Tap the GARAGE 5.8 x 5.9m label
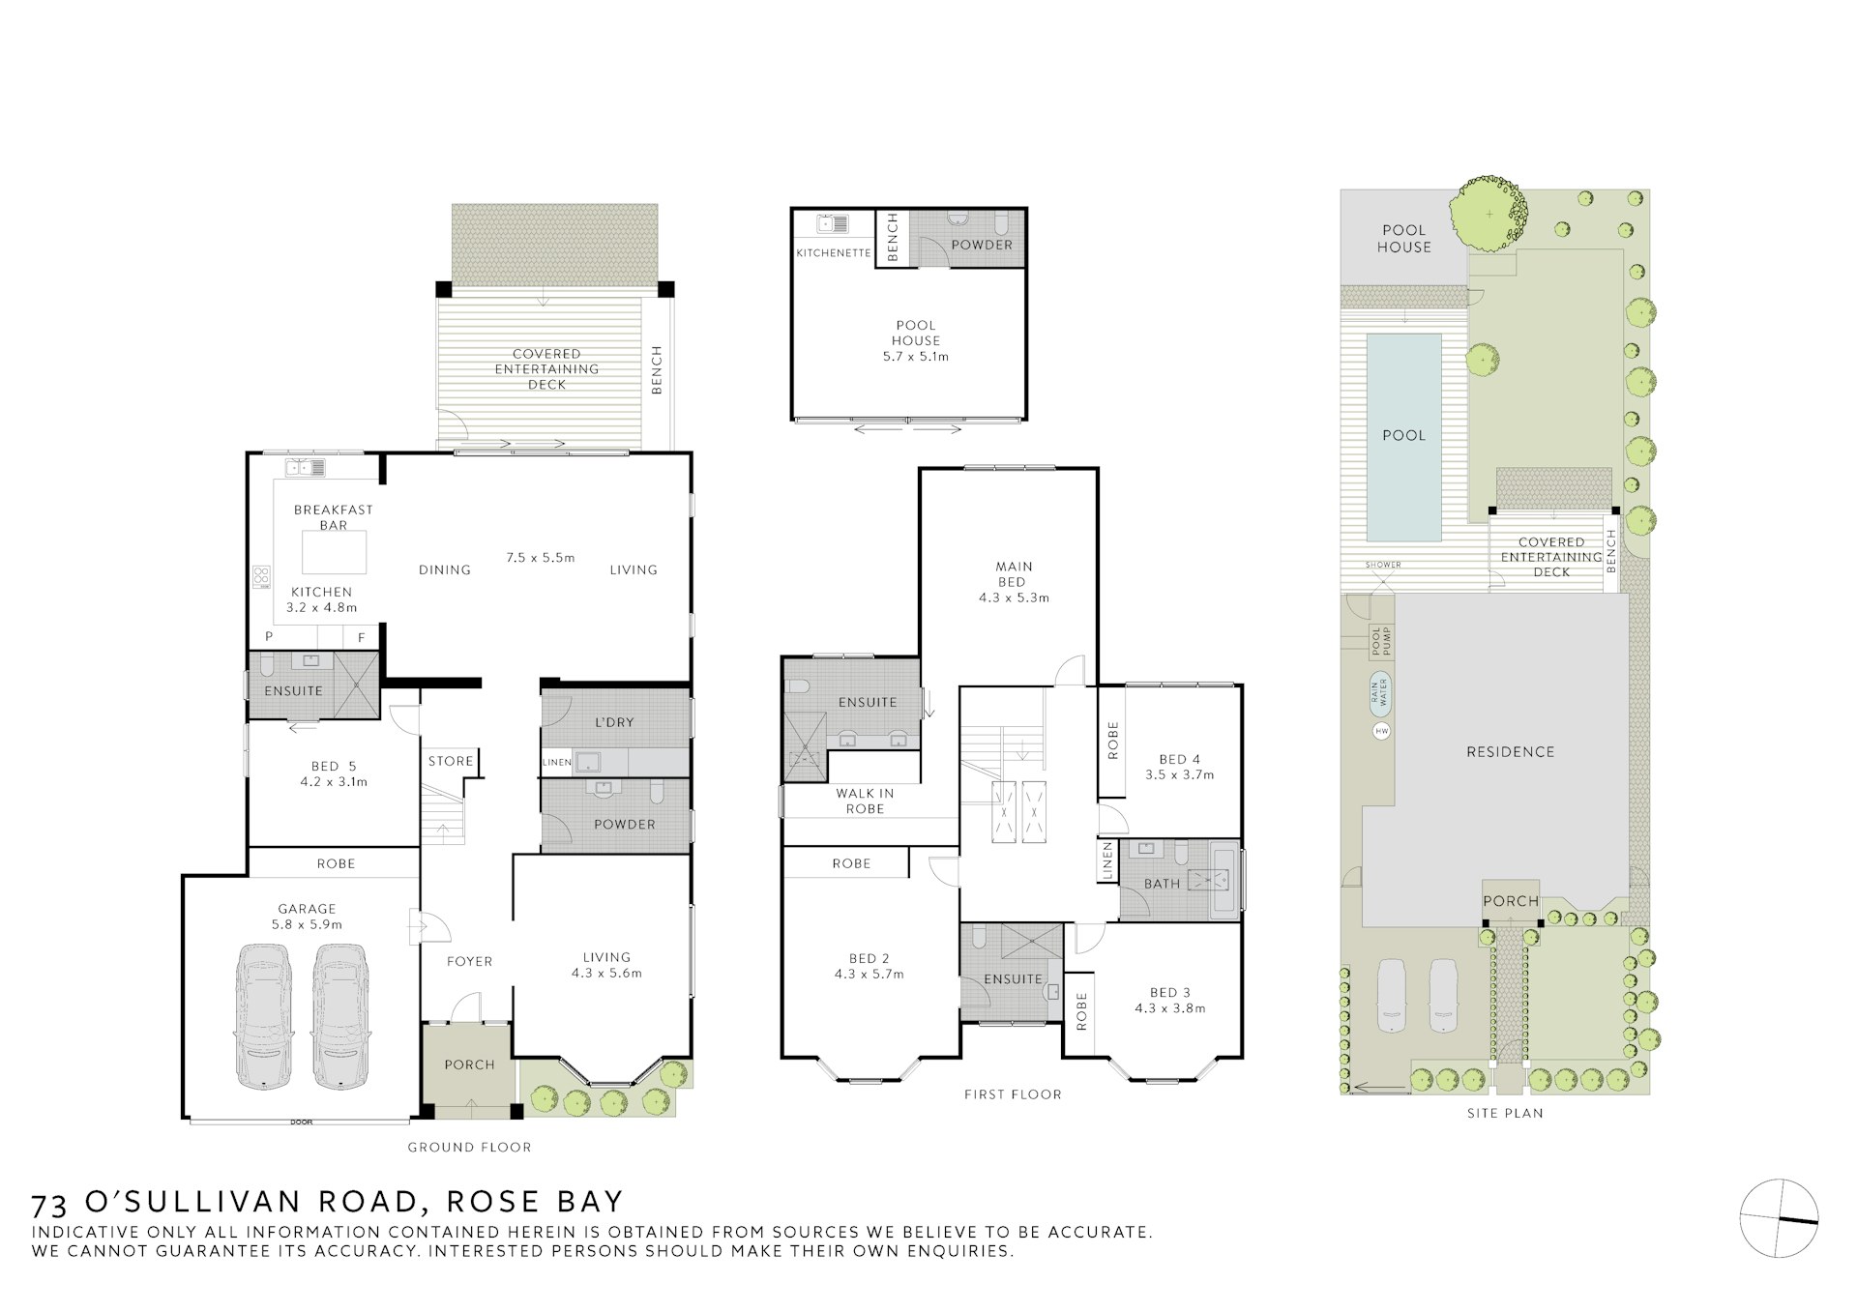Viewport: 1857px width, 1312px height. (307, 916)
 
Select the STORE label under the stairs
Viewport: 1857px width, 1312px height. (451, 761)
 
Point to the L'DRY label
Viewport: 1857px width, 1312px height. (614, 722)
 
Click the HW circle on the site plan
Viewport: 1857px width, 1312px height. (1381, 731)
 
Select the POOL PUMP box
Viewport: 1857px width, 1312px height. (1380, 641)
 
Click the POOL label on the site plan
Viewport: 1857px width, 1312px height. (1403, 435)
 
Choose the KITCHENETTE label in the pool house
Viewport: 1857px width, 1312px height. (833, 253)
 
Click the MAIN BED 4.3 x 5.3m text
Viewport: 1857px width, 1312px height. (1013, 582)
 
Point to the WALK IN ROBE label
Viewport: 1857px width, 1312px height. (865, 801)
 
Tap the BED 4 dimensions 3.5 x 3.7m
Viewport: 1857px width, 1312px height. (1179, 774)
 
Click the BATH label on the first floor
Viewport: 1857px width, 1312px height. (1162, 884)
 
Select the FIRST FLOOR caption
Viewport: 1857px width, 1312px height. (1013, 1094)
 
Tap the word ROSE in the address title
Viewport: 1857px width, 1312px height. (484, 1202)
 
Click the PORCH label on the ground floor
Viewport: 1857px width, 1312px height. (469, 1064)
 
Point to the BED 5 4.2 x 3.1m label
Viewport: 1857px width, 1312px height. (333, 774)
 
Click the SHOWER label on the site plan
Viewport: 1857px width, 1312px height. (1383, 565)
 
